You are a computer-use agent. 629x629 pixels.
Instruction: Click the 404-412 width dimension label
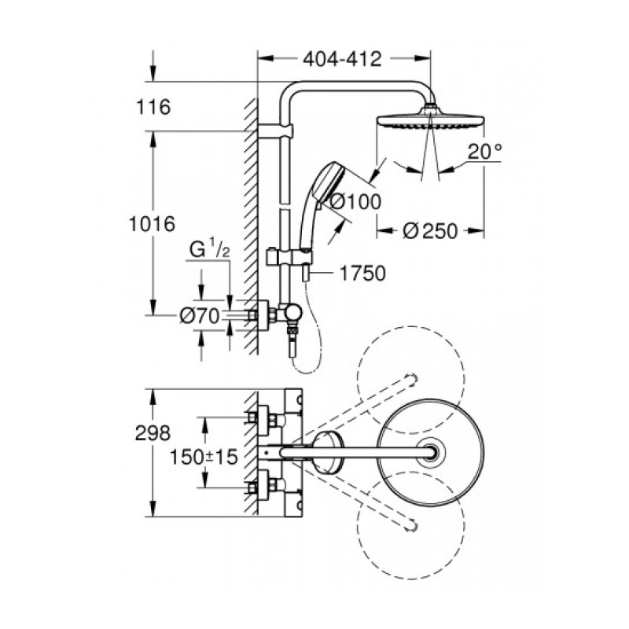(343, 58)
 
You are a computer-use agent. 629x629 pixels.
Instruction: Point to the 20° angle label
(484, 153)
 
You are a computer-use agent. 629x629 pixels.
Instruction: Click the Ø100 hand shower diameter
(355, 201)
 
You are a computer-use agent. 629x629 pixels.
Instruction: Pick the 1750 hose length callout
(362, 274)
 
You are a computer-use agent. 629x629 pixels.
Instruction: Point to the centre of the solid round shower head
(431, 453)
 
